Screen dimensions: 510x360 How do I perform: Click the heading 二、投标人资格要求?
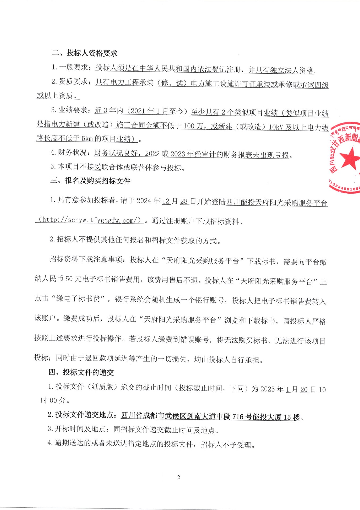85,53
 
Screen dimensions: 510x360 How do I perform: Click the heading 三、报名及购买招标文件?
90,181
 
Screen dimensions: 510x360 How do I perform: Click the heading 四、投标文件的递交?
81,372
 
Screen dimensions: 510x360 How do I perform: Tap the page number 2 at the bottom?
179,477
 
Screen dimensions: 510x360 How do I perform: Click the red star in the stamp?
350,159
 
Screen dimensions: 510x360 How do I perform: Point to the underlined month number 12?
166,201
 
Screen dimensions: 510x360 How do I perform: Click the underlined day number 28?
184,201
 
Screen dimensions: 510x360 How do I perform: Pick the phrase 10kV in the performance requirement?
276,127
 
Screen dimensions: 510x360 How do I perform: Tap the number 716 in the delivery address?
238,416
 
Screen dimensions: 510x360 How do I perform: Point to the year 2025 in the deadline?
267,389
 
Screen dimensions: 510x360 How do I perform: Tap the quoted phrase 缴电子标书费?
78,299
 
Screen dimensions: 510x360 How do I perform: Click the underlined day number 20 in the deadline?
304,390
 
